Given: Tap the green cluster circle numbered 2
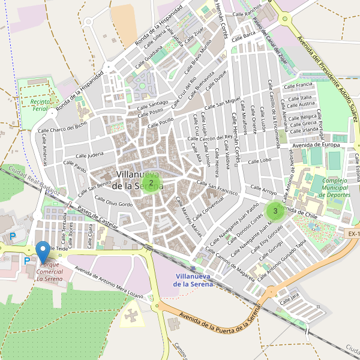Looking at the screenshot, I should tap(151, 182).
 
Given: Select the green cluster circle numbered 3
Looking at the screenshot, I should tap(275, 211).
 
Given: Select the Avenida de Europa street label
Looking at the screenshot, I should tap(316, 145).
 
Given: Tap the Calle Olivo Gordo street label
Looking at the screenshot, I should tap(110, 204).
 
